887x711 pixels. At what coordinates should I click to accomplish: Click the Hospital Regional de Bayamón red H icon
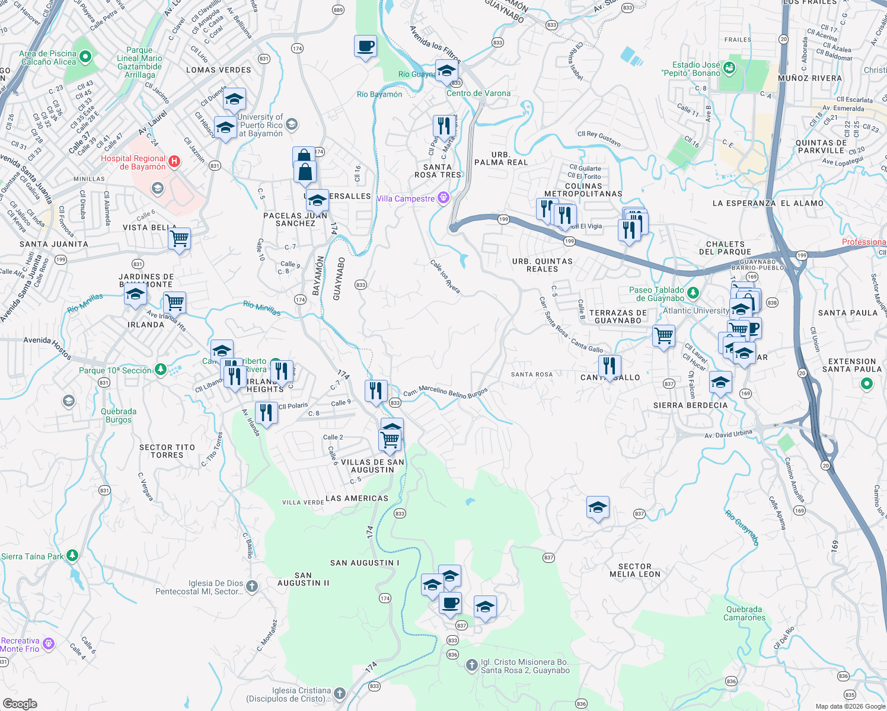[x=174, y=161]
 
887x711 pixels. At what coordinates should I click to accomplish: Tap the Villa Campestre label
[x=406, y=198]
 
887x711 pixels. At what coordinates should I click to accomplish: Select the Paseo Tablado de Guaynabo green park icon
[x=693, y=293]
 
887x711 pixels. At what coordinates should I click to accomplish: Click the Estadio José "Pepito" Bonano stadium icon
[x=729, y=68]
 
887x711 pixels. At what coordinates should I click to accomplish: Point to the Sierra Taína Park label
[x=32, y=556]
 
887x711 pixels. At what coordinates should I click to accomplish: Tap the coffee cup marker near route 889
[x=365, y=46]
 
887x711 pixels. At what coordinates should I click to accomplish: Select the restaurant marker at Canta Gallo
[x=610, y=366]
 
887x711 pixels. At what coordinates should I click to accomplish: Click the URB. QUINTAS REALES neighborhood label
[x=542, y=265]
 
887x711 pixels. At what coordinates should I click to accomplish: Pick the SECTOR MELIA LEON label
[x=634, y=570]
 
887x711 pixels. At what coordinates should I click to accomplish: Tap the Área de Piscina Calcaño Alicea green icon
[x=85, y=57]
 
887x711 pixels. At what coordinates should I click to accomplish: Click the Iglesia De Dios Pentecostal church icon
[x=252, y=587]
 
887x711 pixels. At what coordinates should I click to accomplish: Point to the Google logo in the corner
[x=20, y=703]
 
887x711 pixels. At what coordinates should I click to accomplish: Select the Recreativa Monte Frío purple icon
[x=49, y=643]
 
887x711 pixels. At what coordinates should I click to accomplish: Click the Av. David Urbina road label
[x=728, y=434]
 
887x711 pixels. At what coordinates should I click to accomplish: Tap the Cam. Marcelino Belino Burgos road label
[x=445, y=392]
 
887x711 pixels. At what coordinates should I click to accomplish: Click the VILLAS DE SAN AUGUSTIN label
[x=372, y=466]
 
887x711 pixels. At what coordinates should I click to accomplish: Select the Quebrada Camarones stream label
[x=744, y=613]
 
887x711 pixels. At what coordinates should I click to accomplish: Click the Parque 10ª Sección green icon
[x=160, y=370]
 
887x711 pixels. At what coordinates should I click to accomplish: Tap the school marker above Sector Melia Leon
[x=598, y=508]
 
